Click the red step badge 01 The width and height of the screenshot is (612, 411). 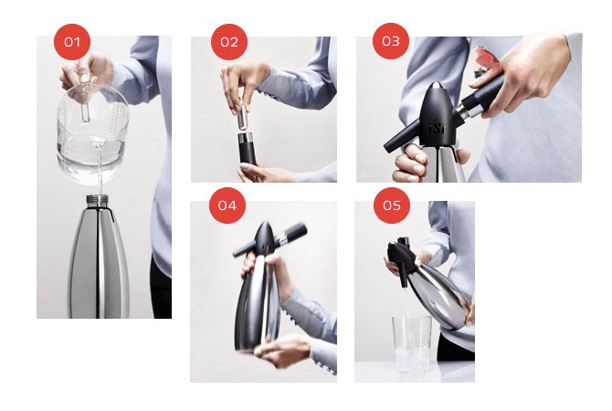coord(73,41)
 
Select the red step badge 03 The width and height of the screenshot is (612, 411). coord(391,41)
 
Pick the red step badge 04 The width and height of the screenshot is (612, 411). coord(227,205)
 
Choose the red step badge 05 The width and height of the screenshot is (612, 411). coord(391,205)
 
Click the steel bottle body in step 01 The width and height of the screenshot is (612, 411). coord(98,265)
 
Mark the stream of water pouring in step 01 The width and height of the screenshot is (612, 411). coord(94,183)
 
